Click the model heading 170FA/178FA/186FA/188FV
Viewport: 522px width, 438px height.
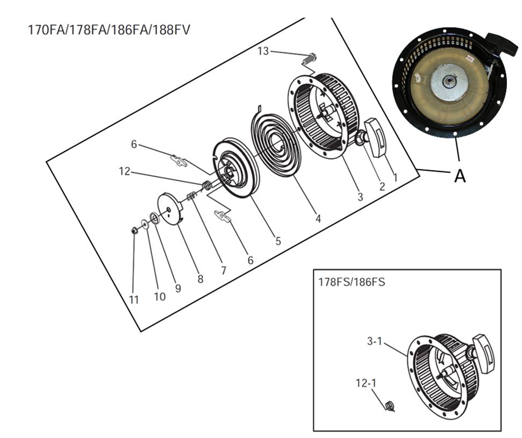(x=108, y=29)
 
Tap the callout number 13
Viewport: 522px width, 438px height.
(x=263, y=51)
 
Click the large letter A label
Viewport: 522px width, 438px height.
(x=460, y=175)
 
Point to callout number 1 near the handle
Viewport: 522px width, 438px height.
(x=395, y=177)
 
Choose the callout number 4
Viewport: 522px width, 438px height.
(x=318, y=219)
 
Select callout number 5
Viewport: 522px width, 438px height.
(x=278, y=241)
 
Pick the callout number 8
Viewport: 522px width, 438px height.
(x=200, y=279)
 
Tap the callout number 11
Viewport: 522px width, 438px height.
(x=134, y=300)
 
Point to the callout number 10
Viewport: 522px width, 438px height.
(x=159, y=297)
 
